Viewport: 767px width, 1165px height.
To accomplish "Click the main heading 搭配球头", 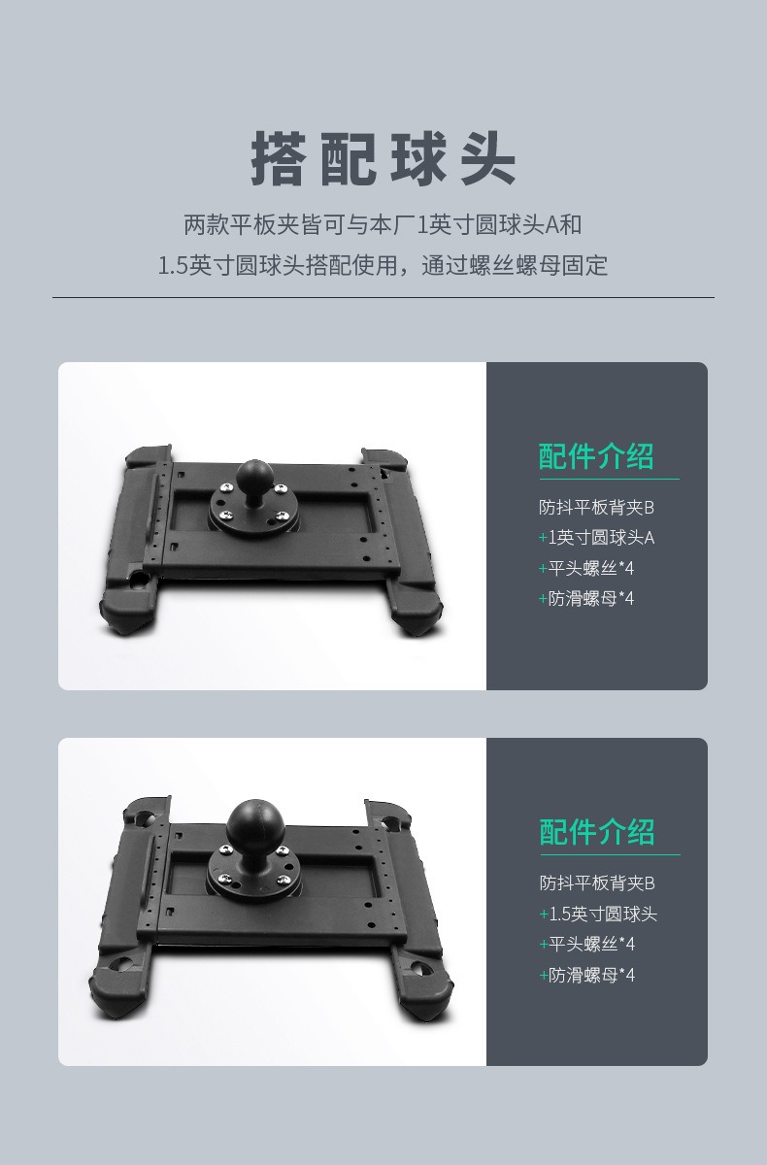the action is pyautogui.click(x=383, y=158).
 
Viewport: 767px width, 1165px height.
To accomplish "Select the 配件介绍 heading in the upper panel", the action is pyautogui.click(x=596, y=457).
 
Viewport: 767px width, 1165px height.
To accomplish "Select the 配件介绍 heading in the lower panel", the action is pyautogui.click(x=597, y=833).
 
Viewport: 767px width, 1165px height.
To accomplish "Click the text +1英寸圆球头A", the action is pyautogui.click(x=596, y=537).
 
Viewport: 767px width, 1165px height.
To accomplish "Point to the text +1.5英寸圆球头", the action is pyautogui.click(x=598, y=914).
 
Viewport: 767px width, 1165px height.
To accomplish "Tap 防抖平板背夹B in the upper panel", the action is pyautogui.click(x=596, y=507).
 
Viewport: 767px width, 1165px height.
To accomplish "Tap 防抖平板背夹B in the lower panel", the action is pyautogui.click(x=597, y=883).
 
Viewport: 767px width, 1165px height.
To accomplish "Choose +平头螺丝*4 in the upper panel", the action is pyautogui.click(x=586, y=568).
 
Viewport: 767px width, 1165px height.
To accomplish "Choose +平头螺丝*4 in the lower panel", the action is pyautogui.click(x=587, y=944).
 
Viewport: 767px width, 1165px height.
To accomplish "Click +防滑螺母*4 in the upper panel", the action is pyautogui.click(x=586, y=599).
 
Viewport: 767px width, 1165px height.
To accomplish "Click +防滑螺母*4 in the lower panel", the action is pyautogui.click(x=587, y=975).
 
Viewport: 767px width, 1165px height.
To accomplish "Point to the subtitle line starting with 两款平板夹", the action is pyautogui.click(x=383, y=225).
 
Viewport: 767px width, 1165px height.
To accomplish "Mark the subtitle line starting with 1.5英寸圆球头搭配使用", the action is pyautogui.click(x=383, y=265).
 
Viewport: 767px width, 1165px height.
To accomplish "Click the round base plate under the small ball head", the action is pyautogui.click(x=252, y=506).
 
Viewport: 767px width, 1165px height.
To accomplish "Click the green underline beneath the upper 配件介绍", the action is pyautogui.click(x=610, y=479).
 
